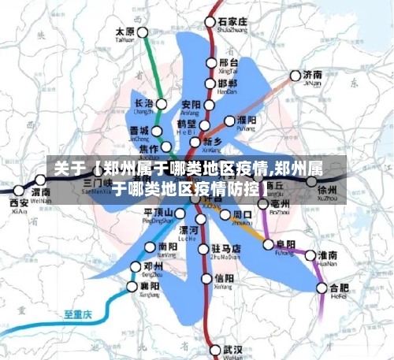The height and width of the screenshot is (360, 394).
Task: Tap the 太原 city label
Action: (125, 32)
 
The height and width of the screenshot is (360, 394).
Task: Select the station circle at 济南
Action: (295, 76)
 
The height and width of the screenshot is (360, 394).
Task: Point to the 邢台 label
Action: (228, 62)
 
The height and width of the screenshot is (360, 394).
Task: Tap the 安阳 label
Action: (191, 104)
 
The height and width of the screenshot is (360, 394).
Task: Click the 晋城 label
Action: (139, 131)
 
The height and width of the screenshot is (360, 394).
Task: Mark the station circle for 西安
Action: (18, 190)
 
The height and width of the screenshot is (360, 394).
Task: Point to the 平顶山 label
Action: (158, 213)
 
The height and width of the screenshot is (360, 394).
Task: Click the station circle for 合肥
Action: (322, 288)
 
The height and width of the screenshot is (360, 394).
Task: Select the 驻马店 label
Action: (225, 249)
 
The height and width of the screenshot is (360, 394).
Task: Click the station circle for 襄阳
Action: (132, 286)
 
